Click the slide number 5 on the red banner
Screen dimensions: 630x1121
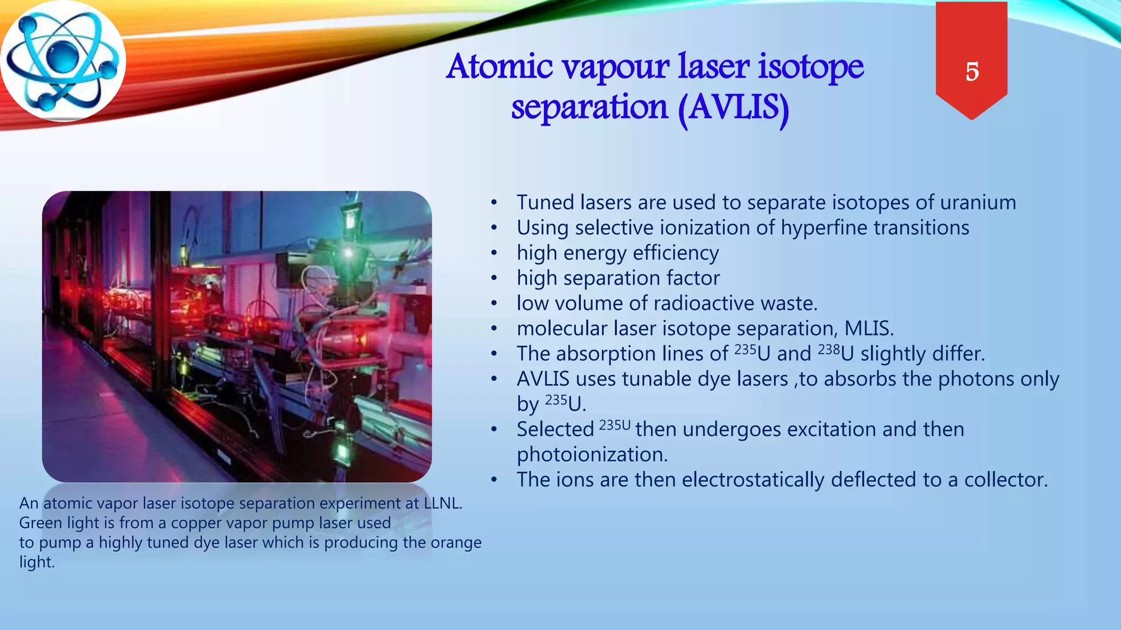pos(972,72)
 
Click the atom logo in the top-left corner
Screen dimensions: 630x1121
pos(63,61)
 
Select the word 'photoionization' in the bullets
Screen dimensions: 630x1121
pos(592,454)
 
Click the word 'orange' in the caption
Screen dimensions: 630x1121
pos(456,542)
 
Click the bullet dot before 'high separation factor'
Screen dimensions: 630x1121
pos(494,278)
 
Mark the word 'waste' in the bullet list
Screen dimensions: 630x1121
pos(789,304)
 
